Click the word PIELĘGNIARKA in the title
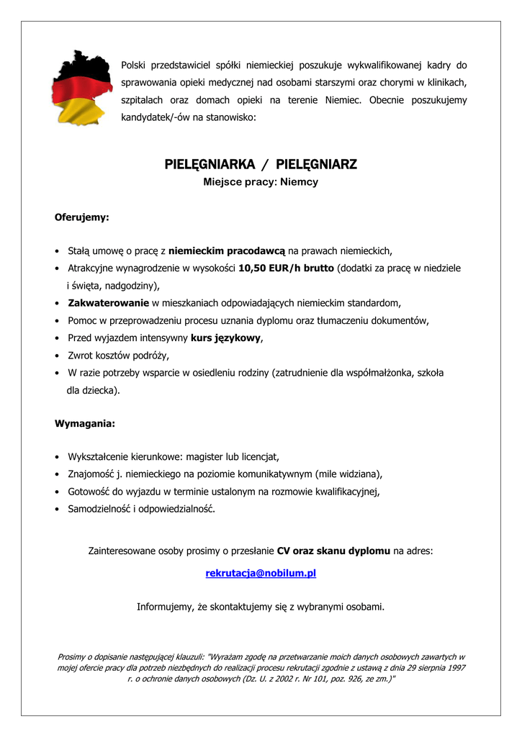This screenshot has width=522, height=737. [204, 165]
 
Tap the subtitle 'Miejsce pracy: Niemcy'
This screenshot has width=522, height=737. [261, 182]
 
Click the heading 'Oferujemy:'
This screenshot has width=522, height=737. [82, 216]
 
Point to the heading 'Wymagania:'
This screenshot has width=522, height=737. [85, 424]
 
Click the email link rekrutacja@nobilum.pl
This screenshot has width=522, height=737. [261, 574]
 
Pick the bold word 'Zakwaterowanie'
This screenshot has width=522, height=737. [109, 302]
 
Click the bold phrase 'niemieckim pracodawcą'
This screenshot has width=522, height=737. [227, 250]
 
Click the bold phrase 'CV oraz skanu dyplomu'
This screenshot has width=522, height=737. [333, 551]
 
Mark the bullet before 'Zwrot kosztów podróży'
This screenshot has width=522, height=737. [56, 356]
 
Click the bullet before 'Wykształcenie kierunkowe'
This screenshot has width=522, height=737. [56, 457]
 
